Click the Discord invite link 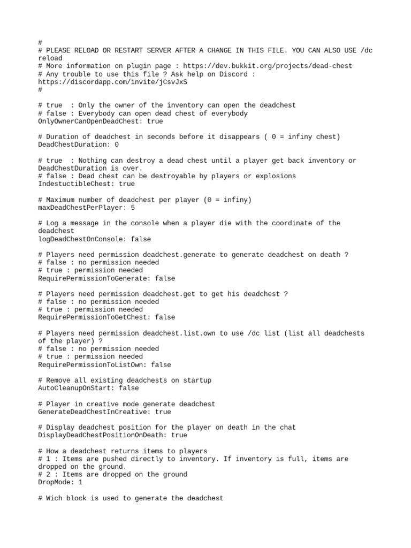[112, 82]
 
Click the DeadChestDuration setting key [72, 144]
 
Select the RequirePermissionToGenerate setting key [92, 278]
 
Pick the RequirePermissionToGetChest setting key [92, 317]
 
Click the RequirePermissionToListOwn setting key [90, 364]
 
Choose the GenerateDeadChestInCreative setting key [92, 412]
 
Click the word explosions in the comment [276, 176]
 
